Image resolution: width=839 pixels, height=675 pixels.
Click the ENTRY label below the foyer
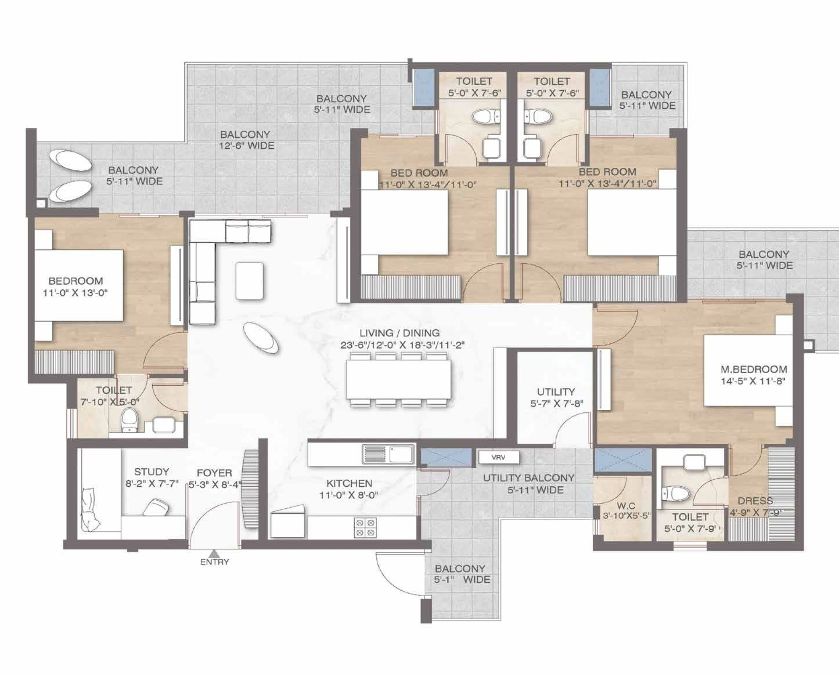(x=214, y=562)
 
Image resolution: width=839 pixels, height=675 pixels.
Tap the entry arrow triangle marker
(x=214, y=553)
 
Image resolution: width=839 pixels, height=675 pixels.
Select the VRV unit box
(x=498, y=457)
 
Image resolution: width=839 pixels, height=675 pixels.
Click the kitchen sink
(x=388, y=454)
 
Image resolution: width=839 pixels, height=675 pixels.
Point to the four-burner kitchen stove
(x=365, y=528)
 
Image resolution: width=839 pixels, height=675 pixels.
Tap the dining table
(x=399, y=379)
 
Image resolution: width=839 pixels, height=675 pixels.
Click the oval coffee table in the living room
(x=260, y=338)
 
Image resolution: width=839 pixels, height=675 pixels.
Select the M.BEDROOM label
(x=754, y=369)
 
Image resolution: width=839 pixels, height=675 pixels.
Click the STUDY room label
(x=151, y=472)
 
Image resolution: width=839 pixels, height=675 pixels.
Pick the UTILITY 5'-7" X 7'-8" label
(x=556, y=397)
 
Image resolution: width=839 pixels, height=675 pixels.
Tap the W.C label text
(x=626, y=506)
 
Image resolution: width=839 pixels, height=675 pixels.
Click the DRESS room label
(x=755, y=501)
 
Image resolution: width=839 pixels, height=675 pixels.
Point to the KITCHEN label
(x=349, y=483)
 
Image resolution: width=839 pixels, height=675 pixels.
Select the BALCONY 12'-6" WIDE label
(x=246, y=140)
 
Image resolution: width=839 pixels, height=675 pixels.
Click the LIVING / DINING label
(x=399, y=333)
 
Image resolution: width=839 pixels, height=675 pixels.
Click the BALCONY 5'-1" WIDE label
(x=462, y=574)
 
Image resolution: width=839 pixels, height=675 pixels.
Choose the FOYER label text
(x=214, y=473)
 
